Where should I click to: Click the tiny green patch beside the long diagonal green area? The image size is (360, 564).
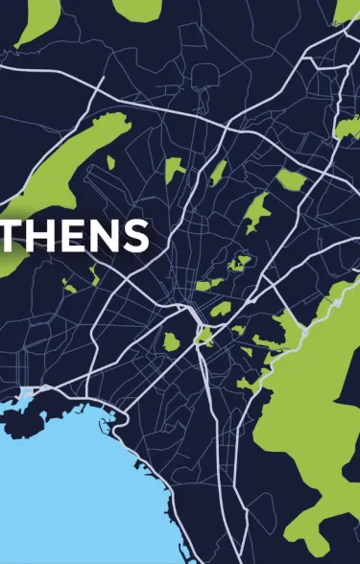click(110, 162)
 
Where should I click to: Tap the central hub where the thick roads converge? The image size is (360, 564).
click(193, 313)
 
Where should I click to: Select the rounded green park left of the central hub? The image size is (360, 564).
click(172, 341)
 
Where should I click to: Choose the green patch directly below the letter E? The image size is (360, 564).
click(69, 283)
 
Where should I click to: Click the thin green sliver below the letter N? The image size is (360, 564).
click(94, 276)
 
